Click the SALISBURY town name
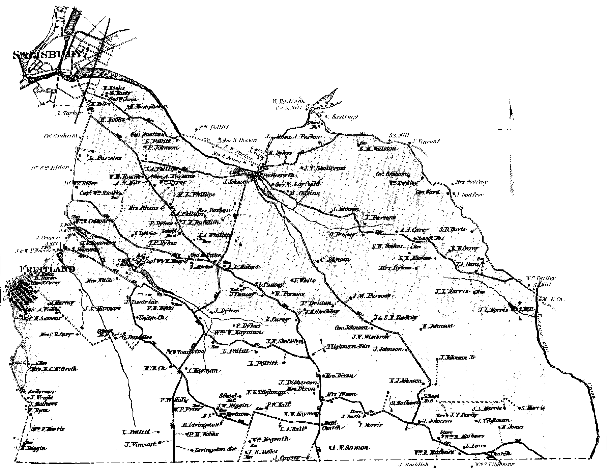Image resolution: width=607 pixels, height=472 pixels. click(x=47, y=55)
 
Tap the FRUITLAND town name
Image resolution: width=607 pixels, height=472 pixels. click(x=47, y=269)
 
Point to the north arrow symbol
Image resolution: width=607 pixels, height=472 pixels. click(x=511, y=122)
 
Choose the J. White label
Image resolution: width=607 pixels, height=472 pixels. click(x=305, y=280)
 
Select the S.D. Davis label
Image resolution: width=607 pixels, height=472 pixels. click(x=453, y=229)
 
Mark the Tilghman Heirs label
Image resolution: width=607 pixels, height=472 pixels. click(x=349, y=347)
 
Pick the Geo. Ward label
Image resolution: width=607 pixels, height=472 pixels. click(x=428, y=192)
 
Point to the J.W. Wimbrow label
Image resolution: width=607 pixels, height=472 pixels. click(x=370, y=337)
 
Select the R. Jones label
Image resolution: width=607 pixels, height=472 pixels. click(x=512, y=427)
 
